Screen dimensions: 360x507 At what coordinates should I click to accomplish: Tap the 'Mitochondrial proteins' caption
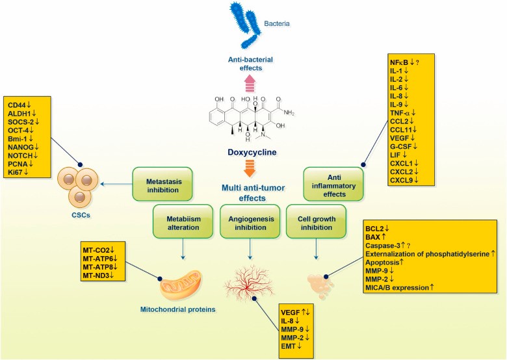[176, 309]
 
